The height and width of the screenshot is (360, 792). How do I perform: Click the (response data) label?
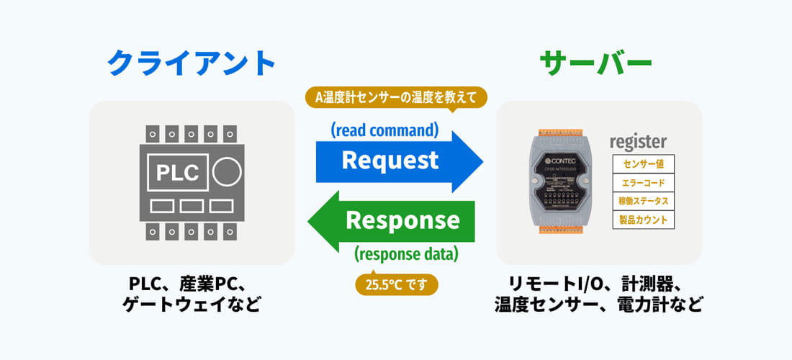(406, 253)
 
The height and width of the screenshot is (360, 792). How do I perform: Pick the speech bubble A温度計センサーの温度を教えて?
(396, 96)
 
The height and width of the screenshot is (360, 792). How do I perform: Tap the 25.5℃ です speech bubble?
(397, 284)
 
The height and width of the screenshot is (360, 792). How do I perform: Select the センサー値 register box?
(643, 164)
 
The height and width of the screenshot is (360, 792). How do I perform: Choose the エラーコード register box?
(643, 183)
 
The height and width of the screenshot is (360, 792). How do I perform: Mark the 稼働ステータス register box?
(643, 201)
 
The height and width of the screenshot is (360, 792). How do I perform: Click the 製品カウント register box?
(643, 220)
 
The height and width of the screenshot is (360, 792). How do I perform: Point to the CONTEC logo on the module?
(558, 153)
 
